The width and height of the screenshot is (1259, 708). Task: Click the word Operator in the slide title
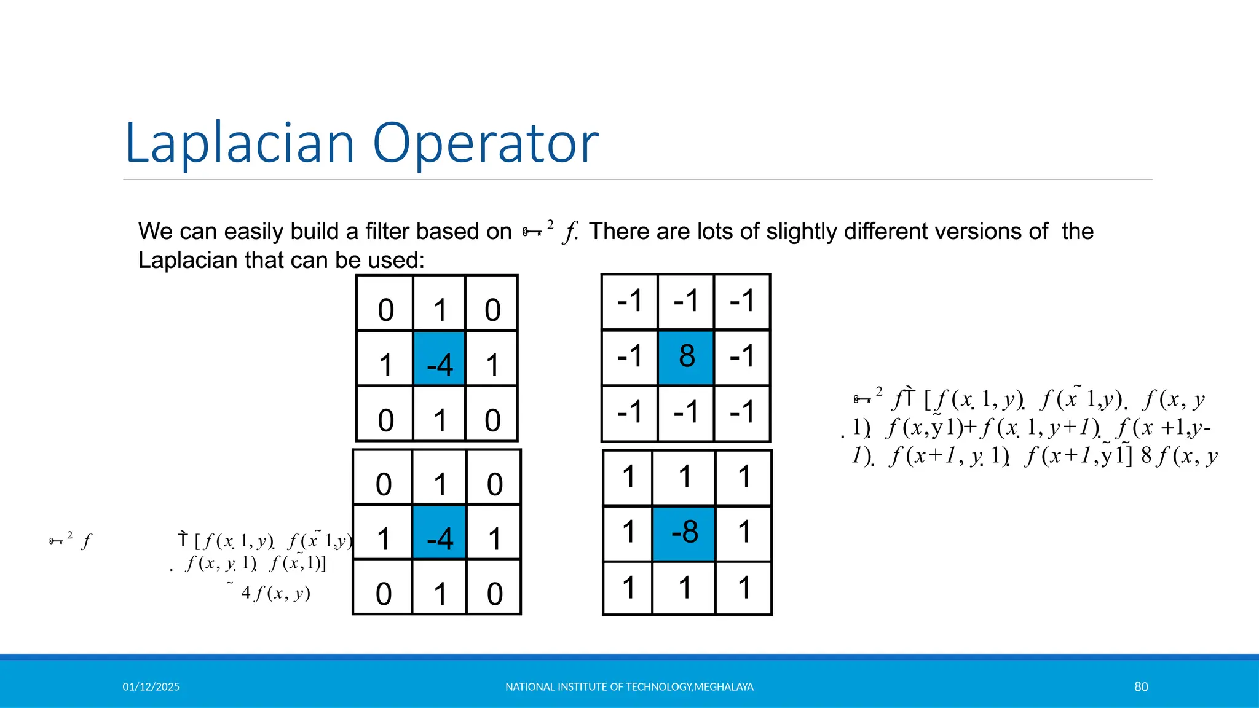coord(486,143)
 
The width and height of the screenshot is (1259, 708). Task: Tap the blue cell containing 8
coord(686,357)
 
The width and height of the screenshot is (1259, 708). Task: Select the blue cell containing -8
coord(684,533)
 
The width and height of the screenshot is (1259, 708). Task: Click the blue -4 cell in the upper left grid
coord(439,358)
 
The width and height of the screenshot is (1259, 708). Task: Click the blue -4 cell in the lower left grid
coord(439,532)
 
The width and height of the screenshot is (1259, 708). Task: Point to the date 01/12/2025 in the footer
coord(151,686)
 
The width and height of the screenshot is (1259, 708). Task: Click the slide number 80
coord(1141,686)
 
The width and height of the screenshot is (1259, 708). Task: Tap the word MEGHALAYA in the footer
coord(724,686)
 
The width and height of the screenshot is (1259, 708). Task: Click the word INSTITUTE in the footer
coord(582,686)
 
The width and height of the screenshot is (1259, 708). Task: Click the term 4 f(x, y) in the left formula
coord(275,593)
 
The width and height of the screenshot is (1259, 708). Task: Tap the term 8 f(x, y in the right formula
coord(1179,456)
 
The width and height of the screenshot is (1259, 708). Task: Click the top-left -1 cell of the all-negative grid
coord(629,301)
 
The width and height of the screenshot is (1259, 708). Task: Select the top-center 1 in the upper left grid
coord(439,309)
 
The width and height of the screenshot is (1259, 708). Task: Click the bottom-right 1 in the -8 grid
coord(744,588)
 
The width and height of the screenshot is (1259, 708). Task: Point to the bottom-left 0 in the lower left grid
coord(383,594)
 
